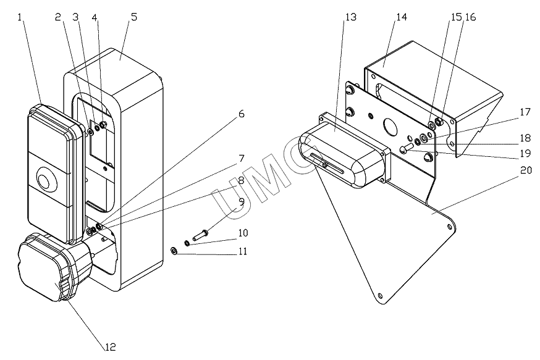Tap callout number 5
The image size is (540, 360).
[134, 17]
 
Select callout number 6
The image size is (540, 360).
[242, 114]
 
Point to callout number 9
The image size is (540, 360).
[242, 202]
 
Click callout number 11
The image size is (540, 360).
[243, 251]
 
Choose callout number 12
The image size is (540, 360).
[110, 347]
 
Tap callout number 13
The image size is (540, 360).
[350, 17]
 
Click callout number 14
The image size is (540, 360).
[402, 17]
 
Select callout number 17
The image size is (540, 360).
[525, 112]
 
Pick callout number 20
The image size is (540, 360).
[526, 170]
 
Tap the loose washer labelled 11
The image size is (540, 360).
[174, 251]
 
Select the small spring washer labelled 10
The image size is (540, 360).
[187, 243]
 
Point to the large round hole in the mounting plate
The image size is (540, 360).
[389, 127]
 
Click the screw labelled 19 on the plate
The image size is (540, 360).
[406, 148]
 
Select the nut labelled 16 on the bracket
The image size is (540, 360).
[439, 122]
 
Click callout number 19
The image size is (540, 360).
[525, 153]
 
